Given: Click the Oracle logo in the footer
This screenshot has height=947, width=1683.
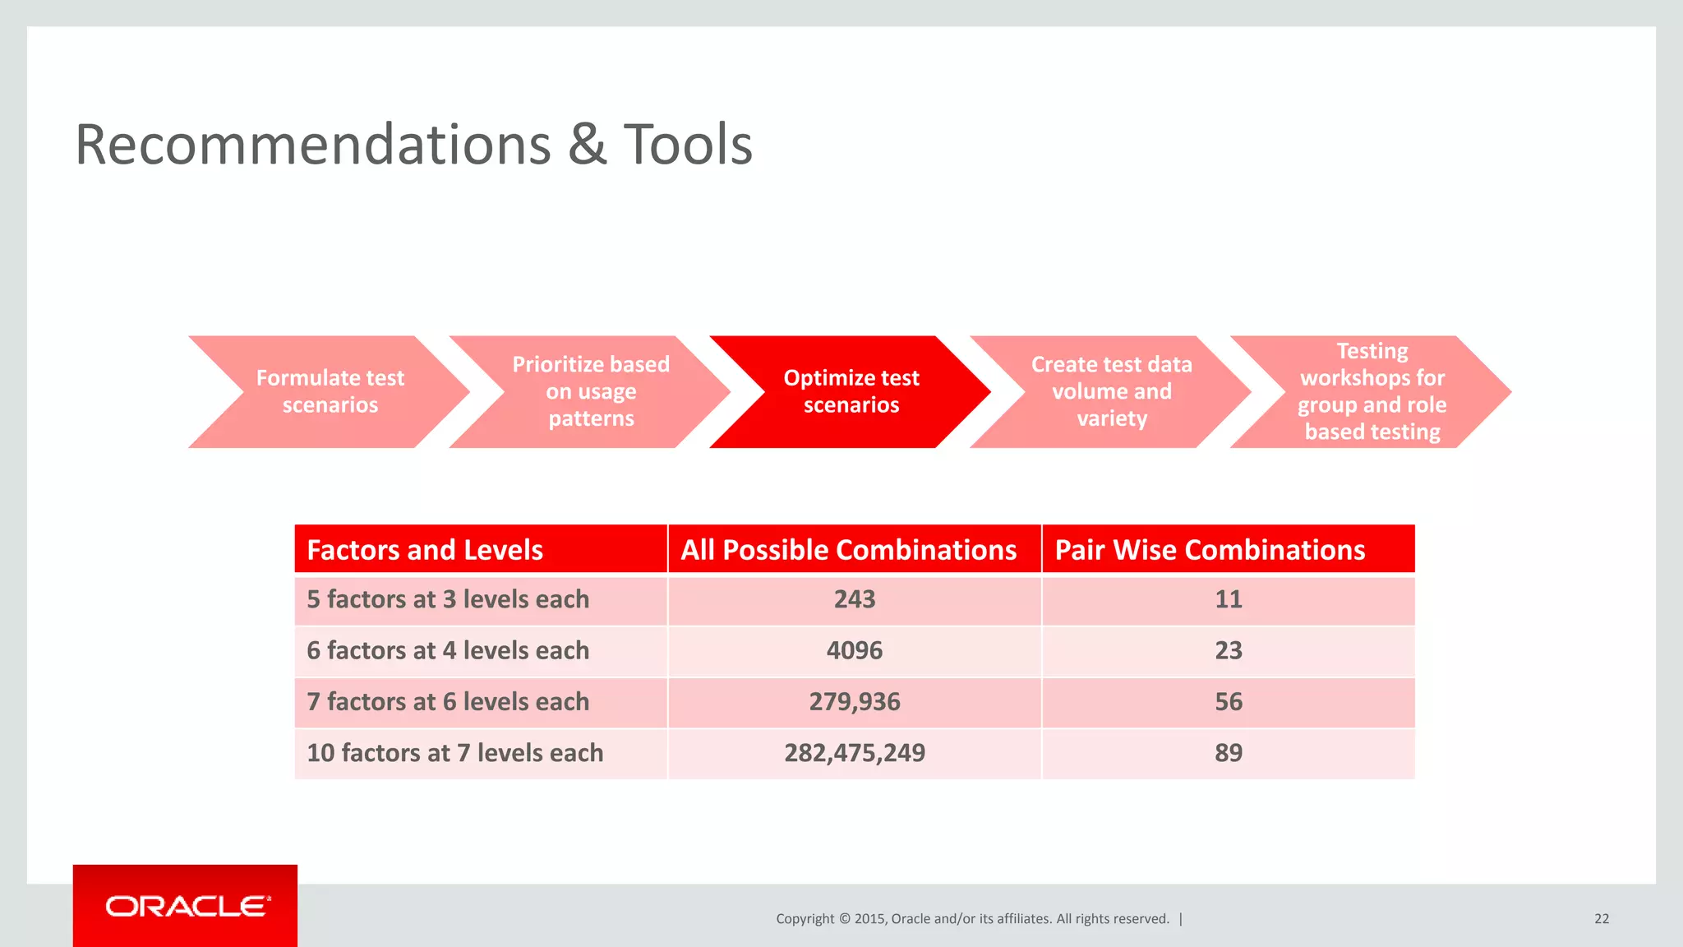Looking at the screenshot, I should (187, 906).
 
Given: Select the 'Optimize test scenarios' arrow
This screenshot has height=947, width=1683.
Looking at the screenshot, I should (851, 391).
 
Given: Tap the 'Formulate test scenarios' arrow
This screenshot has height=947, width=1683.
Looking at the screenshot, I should (330, 391).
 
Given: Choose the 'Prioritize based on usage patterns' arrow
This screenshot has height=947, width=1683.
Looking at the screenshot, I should (590, 391).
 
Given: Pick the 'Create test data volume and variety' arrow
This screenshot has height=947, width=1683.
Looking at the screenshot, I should (1111, 391).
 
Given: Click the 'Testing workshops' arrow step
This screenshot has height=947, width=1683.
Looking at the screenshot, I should (1372, 391).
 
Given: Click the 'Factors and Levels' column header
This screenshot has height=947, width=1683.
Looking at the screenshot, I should (424, 549).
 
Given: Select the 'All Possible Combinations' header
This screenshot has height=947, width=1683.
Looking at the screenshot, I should (848, 549).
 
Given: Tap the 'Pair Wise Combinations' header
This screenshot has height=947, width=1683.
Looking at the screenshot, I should (1209, 549).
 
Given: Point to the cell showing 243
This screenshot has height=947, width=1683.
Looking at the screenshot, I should (854, 599).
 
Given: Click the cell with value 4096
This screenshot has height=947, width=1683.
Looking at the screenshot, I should (854, 650).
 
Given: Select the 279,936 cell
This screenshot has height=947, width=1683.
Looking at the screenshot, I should (854, 701).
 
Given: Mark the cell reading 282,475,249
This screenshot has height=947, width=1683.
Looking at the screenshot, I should (854, 752).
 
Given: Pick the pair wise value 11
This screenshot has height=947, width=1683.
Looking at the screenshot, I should (1228, 599).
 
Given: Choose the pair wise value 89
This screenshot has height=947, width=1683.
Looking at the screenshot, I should (1228, 752).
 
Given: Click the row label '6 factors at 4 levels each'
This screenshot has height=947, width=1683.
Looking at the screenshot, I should (448, 650).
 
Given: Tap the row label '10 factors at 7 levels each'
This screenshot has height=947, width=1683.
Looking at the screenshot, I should (454, 752).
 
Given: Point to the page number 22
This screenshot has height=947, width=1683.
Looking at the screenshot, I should (1601, 918).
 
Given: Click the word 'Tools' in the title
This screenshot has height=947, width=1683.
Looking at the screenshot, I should (688, 145).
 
